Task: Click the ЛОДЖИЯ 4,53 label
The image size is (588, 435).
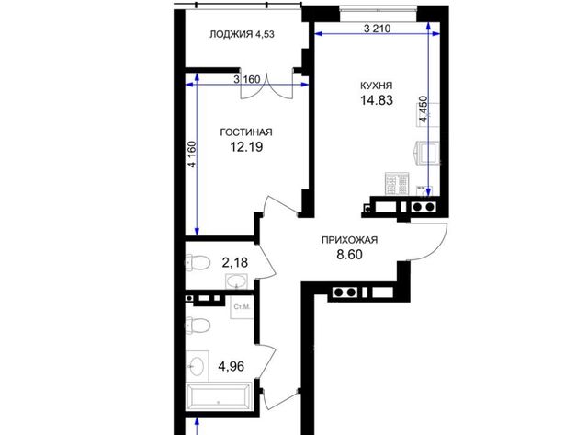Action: pos(242,34)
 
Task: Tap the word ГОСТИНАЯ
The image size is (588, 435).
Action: pos(246,132)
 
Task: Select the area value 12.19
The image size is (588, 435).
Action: pos(246,147)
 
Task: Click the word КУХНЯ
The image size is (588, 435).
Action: pos(376,86)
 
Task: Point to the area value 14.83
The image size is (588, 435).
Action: pos(377,100)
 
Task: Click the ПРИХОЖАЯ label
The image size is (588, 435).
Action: pos(349,240)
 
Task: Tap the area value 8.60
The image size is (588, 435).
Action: pos(349,255)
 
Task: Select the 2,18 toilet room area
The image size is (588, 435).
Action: pos(235,262)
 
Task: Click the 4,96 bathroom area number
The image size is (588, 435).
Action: pos(231,366)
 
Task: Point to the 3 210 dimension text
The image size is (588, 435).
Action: pos(378,29)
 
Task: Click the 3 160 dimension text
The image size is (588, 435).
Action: pos(247,80)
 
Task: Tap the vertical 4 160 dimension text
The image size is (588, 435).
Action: pos(192,155)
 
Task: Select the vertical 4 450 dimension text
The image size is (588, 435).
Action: pos(424,109)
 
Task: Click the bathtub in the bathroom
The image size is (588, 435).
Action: pos(219,397)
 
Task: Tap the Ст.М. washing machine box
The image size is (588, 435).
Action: pos(242,307)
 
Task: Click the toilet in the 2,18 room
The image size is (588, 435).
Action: pos(198,262)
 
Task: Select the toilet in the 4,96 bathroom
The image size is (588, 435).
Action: pos(198,325)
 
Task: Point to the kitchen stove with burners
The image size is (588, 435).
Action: pos(396,184)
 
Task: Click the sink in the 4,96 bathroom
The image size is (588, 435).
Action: pos(198,364)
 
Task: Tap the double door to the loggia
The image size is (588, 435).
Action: pos(266,86)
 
